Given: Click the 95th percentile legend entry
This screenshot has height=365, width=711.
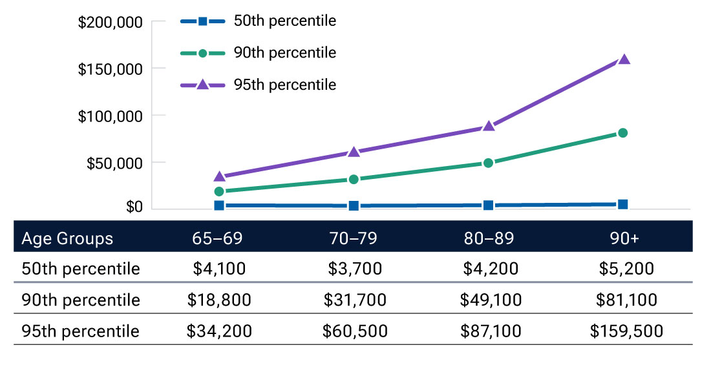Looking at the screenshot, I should coord(259,85).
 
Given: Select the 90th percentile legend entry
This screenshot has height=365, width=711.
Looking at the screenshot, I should coord(259,53).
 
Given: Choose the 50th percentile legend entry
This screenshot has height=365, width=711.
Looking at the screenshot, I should coord(259,21).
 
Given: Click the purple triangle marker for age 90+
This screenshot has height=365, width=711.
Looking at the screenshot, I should coord(624,59).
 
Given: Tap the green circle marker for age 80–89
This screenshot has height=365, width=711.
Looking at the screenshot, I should coord(489,163).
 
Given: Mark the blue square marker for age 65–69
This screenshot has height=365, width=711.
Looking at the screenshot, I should coord(219,205).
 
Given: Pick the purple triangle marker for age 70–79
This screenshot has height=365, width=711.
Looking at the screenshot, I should coord(354,152).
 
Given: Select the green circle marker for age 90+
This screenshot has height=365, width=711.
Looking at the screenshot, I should coord(623,133).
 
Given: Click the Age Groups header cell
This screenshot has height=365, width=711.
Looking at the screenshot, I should coord(67,238).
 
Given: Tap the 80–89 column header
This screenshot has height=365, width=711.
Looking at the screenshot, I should coord(490,238).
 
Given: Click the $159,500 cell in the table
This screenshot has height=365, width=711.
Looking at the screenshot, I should coord(626,331).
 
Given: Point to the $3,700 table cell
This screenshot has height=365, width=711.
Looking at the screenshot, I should coord(355,269).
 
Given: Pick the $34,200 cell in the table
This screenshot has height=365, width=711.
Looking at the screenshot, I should coord(219,331).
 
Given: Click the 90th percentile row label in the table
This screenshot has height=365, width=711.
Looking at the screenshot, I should coord(81,300).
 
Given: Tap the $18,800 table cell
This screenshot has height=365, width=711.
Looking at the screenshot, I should coord(219,300).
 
